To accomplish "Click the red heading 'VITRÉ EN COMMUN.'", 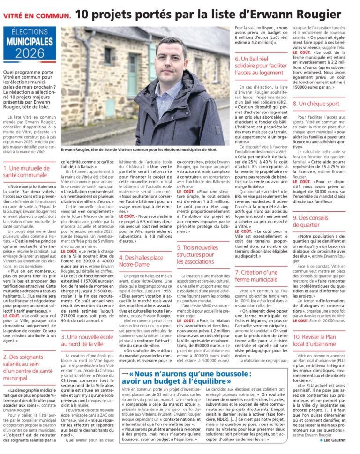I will [x=37, y=15].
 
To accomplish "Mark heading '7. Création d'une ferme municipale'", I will [x=257, y=275].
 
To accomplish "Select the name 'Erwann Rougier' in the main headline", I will [x=301, y=14].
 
